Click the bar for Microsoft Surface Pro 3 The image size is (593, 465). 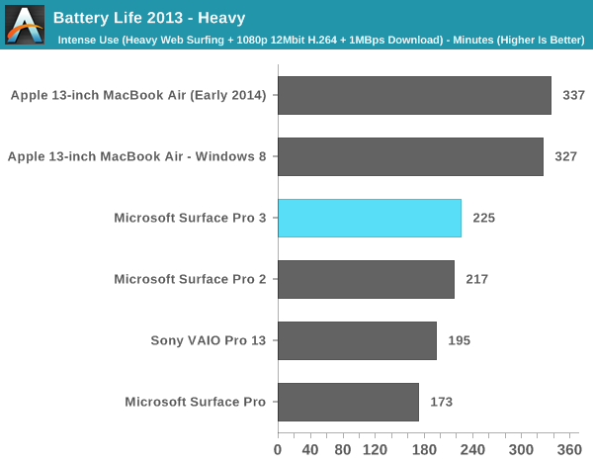tap(369, 218)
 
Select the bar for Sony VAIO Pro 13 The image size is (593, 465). tap(357, 340)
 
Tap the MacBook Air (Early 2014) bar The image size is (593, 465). tap(414, 95)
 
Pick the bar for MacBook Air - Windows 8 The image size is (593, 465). tap(410, 156)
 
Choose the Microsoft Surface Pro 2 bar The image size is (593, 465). tap(366, 279)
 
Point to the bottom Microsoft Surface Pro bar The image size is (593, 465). tap(348, 402)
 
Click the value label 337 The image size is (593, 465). tap(573, 95)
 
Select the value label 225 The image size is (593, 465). tap(483, 218)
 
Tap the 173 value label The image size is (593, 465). tap(441, 402)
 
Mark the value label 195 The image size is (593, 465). tap(459, 340)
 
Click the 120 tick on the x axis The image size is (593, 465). tap(375, 449)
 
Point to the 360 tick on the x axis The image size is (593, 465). tap(569, 449)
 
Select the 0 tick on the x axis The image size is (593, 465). tap(278, 449)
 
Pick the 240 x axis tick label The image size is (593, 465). tap(472, 449)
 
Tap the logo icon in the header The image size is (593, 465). tap(25, 24)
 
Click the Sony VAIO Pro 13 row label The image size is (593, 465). tap(209, 340)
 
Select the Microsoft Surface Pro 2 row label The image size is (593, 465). tap(190, 279)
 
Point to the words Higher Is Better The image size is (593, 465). tap(542, 40)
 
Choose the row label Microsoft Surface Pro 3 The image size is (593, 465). tap(190, 218)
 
